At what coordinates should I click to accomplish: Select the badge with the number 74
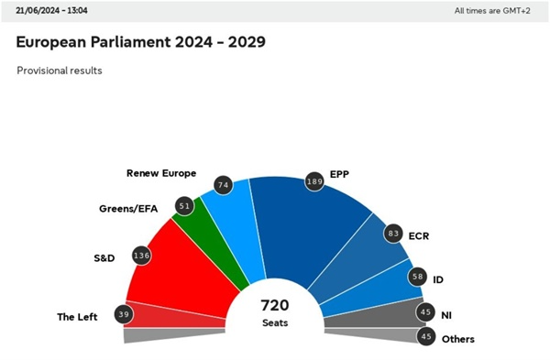pyautogui.click(x=221, y=185)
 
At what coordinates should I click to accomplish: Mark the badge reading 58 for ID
pyautogui.click(x=417, y=275)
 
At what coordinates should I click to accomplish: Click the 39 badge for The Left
pyautogui.click(x=124, y=314)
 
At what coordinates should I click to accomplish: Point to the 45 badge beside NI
pyautogui.click(x=425, y=312)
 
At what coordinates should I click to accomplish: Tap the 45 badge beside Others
pyautogui.click(x=425, y=337)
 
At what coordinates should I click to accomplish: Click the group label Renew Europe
pyautogui.click(x=160, y=172)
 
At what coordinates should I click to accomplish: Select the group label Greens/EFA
pyautogui.click(x=128, y=209)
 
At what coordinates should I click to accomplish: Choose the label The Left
pyautogui.click(x=78, y=317)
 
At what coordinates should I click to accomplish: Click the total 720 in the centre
pyautogui.click(x=275, y=305)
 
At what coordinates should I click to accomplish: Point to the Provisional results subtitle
pyautogui.click(x=60, y=71)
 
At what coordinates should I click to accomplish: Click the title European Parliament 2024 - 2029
pyautogui.click(x=142, y=43)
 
